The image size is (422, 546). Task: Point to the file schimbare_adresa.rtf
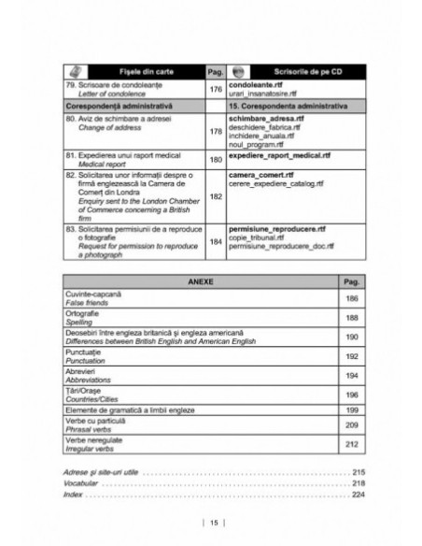(x=268, y=122)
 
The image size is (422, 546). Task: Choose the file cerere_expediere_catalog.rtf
(x=276, y=183)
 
